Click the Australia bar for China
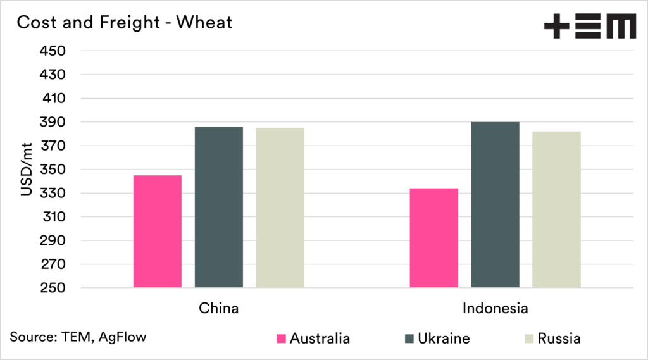point(158,232)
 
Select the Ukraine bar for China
point(218,208)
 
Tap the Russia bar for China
point(280,208)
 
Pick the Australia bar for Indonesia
point(434,238)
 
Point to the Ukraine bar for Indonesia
point(495,205)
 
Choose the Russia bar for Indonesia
point(556,209)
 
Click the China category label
point(219,309)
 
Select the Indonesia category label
point(495,309)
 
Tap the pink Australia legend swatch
point(282,338)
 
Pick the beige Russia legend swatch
point(529,338)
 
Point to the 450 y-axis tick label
point(53,51)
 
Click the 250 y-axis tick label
point(53,288)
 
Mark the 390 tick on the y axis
point(53,122)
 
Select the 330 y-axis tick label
point(53,193)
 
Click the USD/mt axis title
point(27,170)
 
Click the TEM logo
point(590,27)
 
